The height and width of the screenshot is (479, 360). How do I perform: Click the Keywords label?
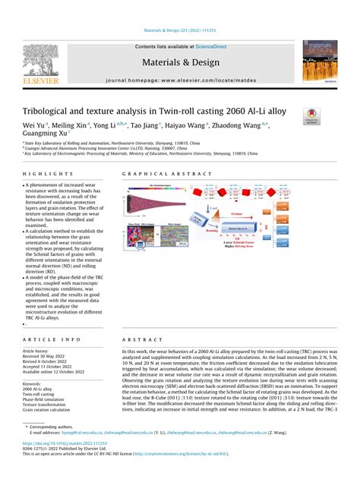click(34, 383)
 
